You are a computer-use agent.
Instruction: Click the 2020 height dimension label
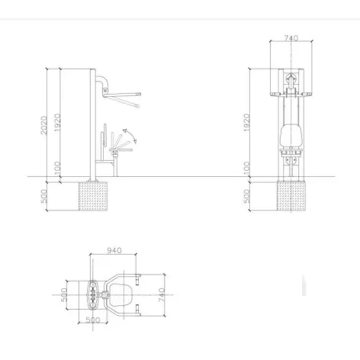44,125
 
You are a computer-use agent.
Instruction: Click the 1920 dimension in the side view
57,122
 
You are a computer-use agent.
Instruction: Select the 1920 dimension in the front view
247,122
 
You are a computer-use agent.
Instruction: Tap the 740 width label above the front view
291,38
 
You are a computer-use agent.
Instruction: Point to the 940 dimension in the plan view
114,250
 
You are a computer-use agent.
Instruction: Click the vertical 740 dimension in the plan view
162,295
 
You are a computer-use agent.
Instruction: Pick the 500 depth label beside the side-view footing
44,196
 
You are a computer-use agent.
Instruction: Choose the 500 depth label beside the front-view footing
247,196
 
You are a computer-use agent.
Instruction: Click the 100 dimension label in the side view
58,167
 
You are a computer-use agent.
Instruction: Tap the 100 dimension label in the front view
247,167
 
